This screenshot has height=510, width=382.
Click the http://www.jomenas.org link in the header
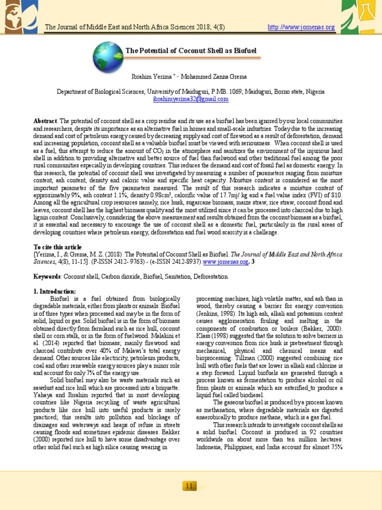tap(301, 27)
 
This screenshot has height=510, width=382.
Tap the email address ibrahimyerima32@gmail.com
tap(191, 99)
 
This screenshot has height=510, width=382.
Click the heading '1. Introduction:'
tap(55, 291)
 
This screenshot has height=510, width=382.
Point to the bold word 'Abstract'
tap(45, 121)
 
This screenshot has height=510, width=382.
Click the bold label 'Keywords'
tap(47, 276)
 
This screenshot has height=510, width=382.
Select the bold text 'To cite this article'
tap(57, 247)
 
